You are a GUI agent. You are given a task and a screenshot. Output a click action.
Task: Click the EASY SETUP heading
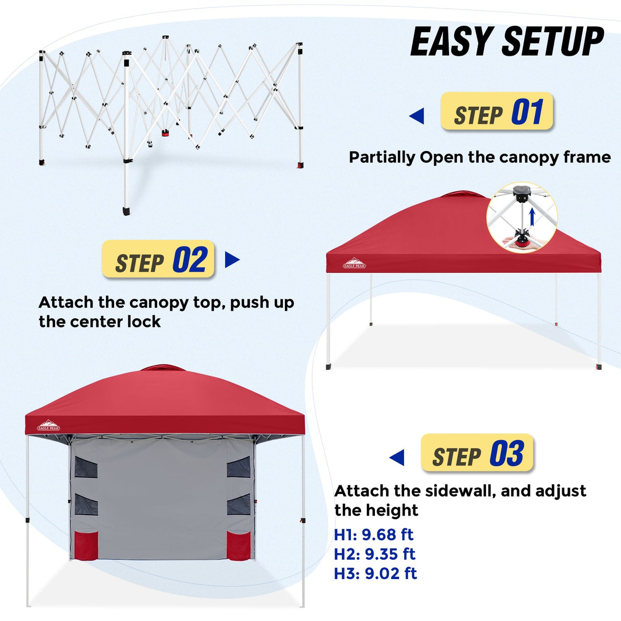507,42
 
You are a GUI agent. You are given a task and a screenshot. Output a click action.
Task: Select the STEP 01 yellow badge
497,112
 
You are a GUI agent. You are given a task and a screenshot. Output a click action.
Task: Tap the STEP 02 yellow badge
159,260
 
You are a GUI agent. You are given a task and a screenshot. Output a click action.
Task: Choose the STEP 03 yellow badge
477,454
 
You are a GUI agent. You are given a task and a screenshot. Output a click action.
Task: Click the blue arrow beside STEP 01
417,116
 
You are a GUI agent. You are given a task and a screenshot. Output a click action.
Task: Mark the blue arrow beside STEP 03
397,457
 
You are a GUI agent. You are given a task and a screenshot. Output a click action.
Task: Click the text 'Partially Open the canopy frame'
479,157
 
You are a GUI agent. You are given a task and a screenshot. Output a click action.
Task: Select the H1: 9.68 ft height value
373,535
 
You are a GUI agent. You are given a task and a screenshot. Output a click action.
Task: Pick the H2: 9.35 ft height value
374,554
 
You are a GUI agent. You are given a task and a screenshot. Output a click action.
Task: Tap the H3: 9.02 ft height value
375,573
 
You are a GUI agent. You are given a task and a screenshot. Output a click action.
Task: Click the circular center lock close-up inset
522,217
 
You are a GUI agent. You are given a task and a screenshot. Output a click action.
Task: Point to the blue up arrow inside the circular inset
532,217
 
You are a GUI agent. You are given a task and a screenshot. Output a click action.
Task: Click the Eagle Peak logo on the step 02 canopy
354,263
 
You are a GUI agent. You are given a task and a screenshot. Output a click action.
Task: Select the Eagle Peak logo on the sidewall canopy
49,426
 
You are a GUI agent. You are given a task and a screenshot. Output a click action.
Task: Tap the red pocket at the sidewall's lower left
85,545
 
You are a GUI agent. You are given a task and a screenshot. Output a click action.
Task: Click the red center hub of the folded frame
165,133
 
